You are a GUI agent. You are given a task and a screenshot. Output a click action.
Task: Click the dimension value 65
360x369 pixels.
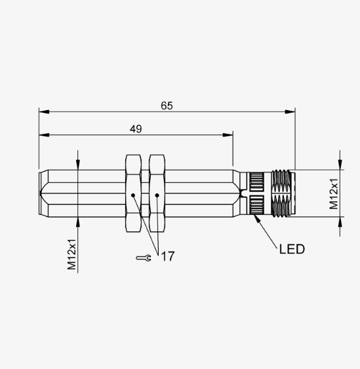(x=167, y=106)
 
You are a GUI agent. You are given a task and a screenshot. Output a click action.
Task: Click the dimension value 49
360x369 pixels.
(x=136, y=129)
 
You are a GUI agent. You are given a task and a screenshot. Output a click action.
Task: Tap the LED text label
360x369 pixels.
(x=292, y=249)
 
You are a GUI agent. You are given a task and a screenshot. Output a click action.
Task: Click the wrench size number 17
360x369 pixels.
(x=168, y=256)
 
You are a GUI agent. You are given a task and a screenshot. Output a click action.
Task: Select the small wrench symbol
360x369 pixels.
(x=144, y=258)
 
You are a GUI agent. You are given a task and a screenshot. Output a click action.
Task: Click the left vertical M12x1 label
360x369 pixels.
(x=71, y=254)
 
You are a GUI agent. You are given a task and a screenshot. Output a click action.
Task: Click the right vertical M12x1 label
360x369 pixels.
(x=334, y=194)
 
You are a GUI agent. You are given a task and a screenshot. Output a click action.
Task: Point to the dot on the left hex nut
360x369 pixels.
(x=133, y=195)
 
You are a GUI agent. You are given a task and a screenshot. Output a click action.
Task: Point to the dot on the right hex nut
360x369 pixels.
(x=157, y=195)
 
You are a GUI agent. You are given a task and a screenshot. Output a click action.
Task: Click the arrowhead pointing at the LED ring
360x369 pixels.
(x=256, y=218)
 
